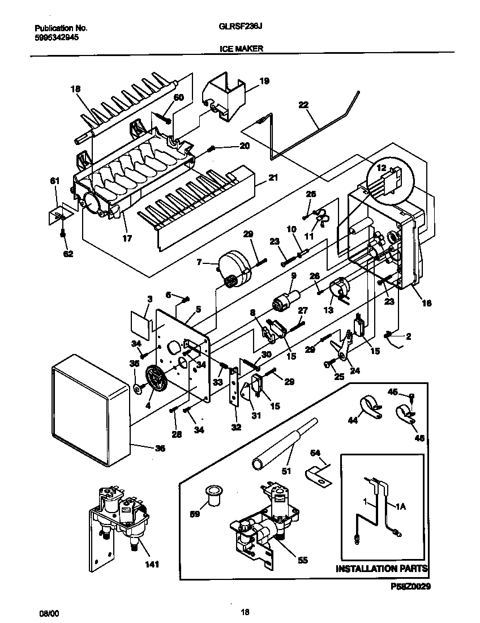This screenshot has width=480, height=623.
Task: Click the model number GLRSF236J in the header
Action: click(241, 27)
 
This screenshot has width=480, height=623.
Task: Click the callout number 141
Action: click(151, 564)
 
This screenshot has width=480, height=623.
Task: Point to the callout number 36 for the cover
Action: click(160, 448)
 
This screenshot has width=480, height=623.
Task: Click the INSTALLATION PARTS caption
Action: click(382, 568)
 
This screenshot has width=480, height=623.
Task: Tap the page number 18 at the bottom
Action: click(245, 612)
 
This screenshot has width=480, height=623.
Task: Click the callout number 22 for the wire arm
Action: click(303, 105)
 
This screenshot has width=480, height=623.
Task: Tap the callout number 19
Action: click(264, 81)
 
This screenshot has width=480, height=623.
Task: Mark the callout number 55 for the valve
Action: click(302, 560)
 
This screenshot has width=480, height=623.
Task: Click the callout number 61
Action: click(54, 181)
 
